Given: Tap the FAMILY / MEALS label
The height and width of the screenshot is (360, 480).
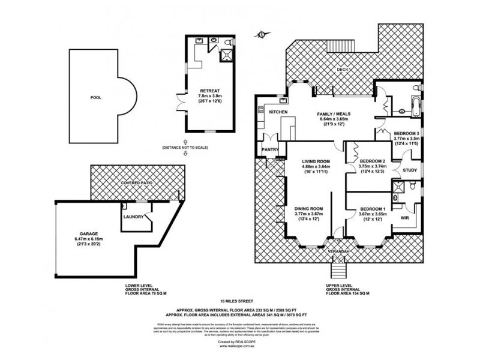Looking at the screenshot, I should [334, 113].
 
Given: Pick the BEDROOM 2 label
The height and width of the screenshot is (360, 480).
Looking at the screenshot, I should [372, 161].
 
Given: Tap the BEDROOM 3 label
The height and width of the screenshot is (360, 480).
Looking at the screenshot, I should [406, 133].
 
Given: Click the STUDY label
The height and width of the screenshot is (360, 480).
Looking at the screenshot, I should [410, 171].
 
